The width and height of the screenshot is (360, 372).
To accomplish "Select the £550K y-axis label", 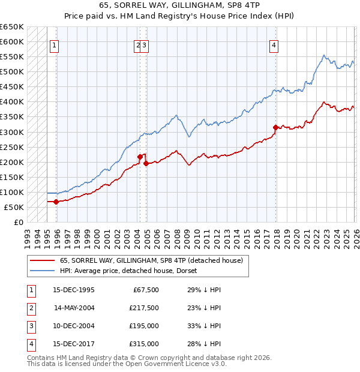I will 11,57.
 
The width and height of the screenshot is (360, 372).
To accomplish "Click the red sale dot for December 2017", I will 275,127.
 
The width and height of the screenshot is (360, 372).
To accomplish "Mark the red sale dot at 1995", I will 56,202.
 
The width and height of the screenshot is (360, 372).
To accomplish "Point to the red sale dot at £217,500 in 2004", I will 140,157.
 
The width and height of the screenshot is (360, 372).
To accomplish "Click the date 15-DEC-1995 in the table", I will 73,290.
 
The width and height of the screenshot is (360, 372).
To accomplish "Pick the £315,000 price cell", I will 144,344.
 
